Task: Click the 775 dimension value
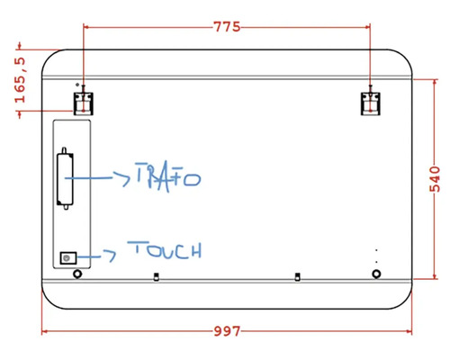[x=227, y=27]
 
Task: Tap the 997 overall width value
[x=227, y=331]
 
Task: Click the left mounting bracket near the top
[x=83, y=102]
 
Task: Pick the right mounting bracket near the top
[x=371, y=103]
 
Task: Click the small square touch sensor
[x=66, y=258]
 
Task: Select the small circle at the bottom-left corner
[x=76, y=273]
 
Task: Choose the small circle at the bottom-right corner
[x=376, y=273]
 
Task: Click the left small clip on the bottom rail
[x=157, y=276]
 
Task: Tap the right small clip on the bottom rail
[x=297, y=276]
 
